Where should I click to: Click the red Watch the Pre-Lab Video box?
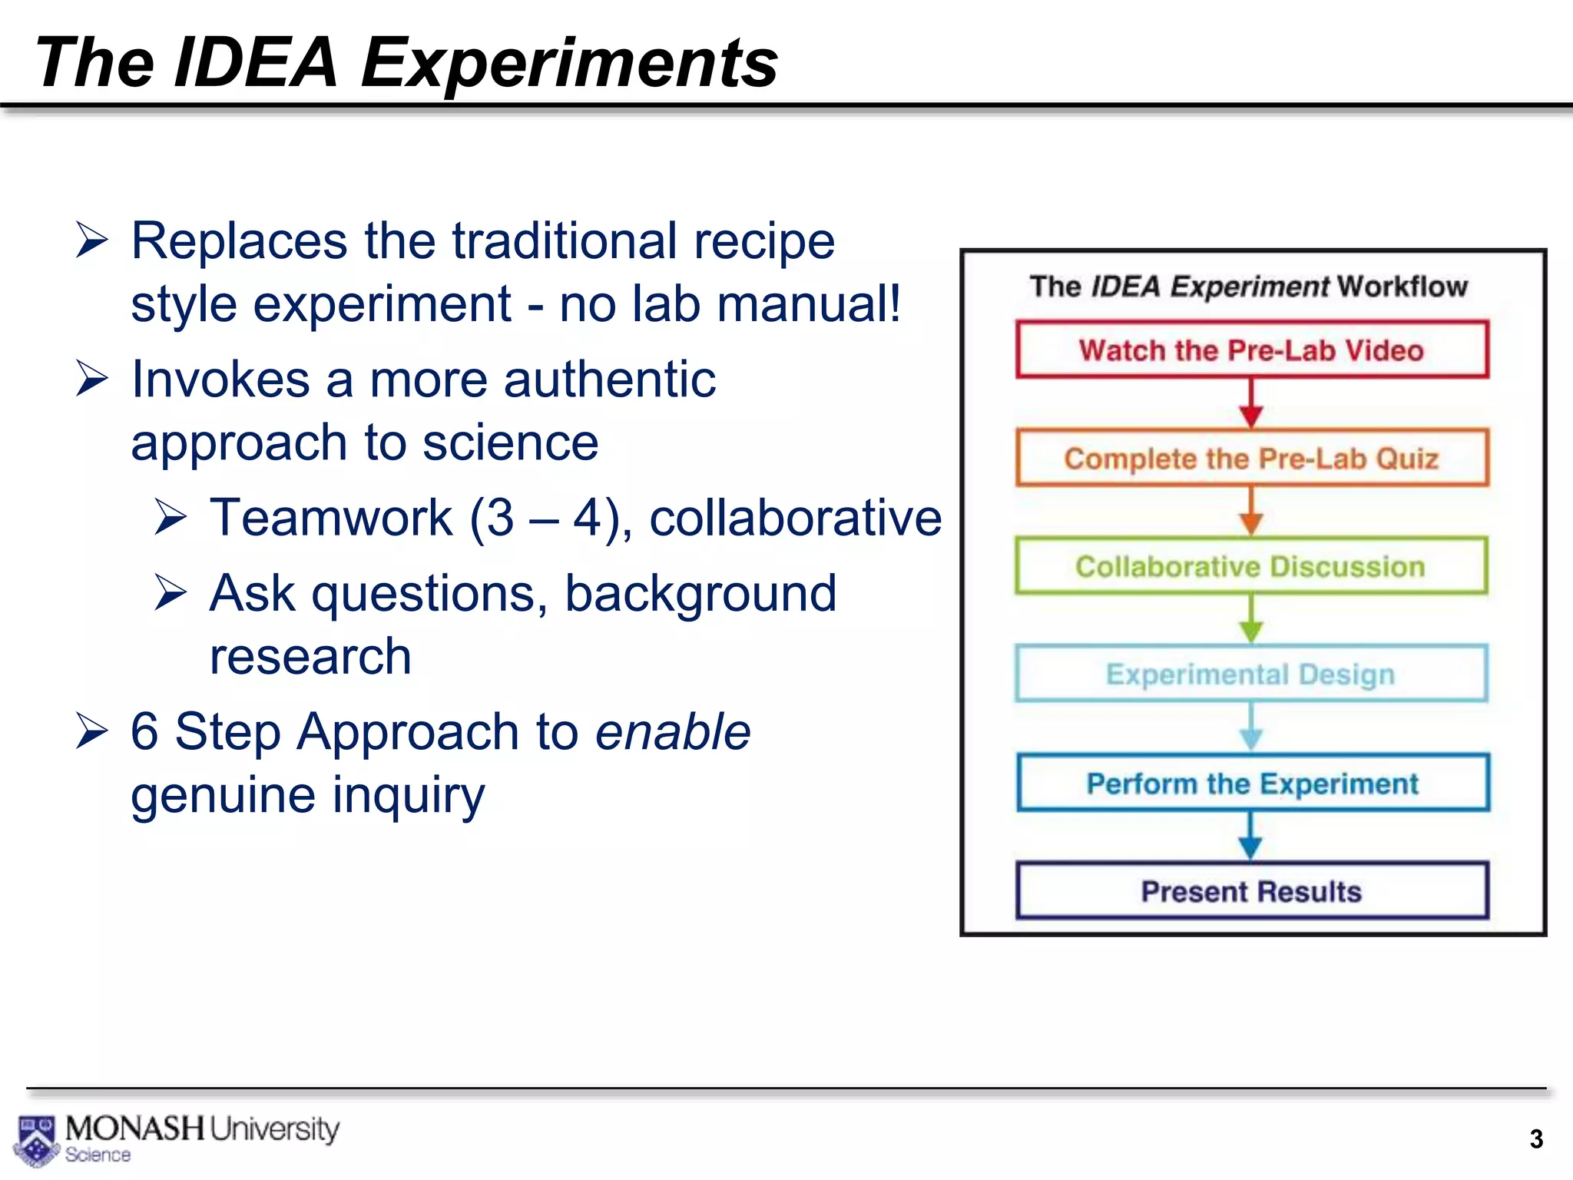pyautogui.click(x=1252, y=350)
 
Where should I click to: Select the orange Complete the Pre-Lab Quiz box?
pyautogui.click(x=1252, y=458)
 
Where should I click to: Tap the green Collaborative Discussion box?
pyautogui.click(x=1252, y=566)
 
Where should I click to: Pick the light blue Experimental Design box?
pyautogui.click(x=1252, y=674)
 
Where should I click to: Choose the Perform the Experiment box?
pyautogui.click(x=1252, y=783)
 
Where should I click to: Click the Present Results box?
pyautogui.click(x=1252, y=891)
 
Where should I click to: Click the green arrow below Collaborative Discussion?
pyautogui.click(x=1251, y=620)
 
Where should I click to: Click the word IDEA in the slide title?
pyautogui.click(x=256, y=62)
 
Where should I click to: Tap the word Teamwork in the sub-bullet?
pyautogui.click(x=331, y=517)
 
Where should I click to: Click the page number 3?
pyautogui.click(x=1535, y=1139)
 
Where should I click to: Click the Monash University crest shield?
pyautogui.click(x=35, y=1140)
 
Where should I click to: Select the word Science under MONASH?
pyautogui.click(x=98, y=1155)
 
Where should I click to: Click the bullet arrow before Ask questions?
pyautogui.click(x=171, y=592)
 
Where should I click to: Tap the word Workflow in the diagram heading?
pyautogui.click(x=1402, y=287)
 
